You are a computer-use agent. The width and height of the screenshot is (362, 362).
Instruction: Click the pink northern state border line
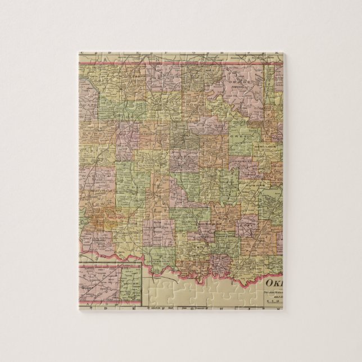pos(169,63)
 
